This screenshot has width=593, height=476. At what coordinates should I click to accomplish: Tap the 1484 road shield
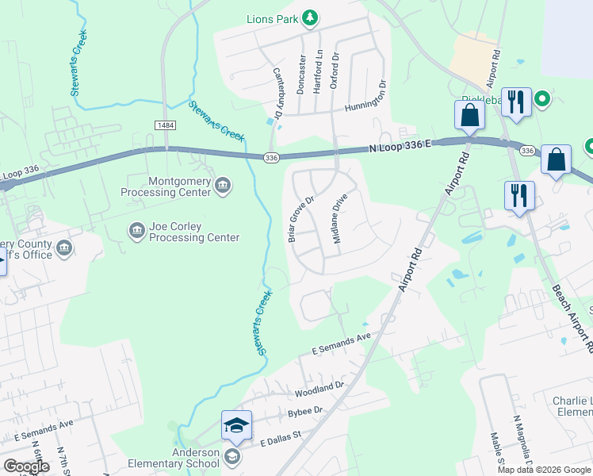click(166, 126)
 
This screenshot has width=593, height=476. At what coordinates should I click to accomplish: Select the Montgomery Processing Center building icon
click(223, 186)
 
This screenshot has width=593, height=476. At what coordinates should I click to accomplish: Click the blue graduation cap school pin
click(235, 427)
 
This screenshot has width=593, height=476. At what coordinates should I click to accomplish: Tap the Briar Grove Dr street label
click(301, 219)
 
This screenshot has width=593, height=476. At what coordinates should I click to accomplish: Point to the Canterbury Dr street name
click(278, 94)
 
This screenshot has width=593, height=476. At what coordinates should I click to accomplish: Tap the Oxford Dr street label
click(335, 70)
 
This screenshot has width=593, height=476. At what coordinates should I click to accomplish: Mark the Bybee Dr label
click(304, 411)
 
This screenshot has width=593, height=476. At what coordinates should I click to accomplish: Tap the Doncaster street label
click(301, 74)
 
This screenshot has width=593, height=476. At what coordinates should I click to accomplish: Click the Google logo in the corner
click(26, 466)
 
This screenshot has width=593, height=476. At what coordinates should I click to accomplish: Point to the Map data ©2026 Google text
click(544, 470)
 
